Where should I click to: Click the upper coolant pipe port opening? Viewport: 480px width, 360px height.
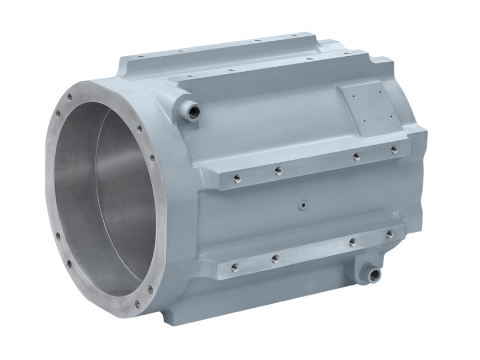click(x=194, y=112)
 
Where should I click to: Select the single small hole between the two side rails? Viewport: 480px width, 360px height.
click(x=303, y=204)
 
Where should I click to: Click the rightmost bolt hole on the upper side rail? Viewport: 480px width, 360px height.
click(x=393, y=149)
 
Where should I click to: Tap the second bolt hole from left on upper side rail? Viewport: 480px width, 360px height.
click(x=278, y=170)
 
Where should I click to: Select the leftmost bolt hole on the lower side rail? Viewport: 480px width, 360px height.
click(x=234, y=267)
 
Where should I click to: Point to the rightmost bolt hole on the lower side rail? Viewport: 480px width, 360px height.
click(x=390, y=234)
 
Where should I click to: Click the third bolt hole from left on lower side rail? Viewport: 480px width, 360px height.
click(x=351, y=242)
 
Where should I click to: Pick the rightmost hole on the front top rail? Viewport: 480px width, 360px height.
click(x=346, y=53)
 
